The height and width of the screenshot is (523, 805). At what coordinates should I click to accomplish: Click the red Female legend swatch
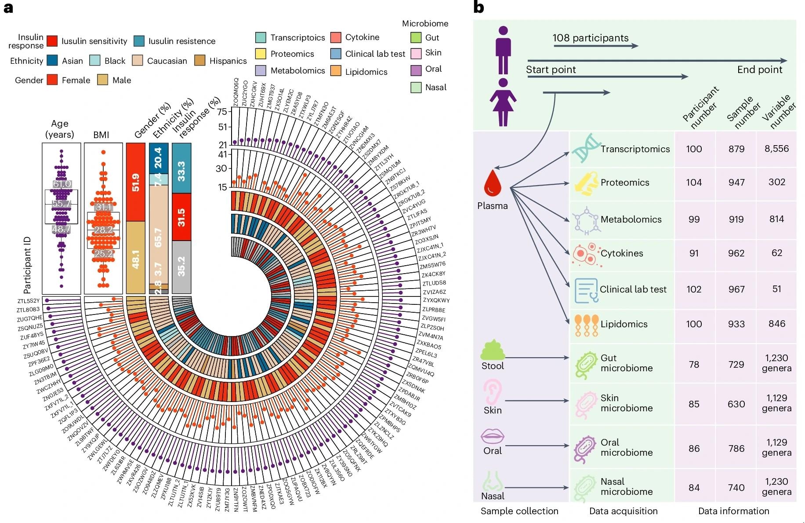tap(52, 80)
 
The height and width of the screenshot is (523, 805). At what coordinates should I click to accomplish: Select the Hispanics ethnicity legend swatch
tap(200, 61)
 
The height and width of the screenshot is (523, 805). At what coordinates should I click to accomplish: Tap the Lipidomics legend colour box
tap(336, 71)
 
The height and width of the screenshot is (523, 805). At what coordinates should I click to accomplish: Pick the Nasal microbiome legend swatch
tap(416, 87)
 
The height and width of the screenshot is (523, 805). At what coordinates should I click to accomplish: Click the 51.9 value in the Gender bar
tap(135, 182)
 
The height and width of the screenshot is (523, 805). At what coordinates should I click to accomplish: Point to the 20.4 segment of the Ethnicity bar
tap(158, 157)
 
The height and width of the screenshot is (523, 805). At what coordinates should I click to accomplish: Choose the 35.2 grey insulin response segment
tap(181, 267)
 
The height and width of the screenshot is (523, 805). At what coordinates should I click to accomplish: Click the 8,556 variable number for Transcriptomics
tap(776, 149)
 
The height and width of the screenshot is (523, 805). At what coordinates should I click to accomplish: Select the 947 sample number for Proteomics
tap(736, 182)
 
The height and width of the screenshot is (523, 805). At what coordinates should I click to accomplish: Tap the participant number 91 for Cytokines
tap(694, 253)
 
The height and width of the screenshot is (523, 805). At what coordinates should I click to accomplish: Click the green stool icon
tap(493, 350)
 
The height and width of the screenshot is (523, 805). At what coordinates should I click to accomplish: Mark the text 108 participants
tap(590, 38)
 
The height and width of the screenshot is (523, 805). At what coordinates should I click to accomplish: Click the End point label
tap(759, 70)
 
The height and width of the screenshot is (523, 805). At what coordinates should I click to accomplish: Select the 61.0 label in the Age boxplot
tap(62, 184)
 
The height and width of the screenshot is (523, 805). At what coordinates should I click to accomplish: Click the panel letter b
tap(478, 7)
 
